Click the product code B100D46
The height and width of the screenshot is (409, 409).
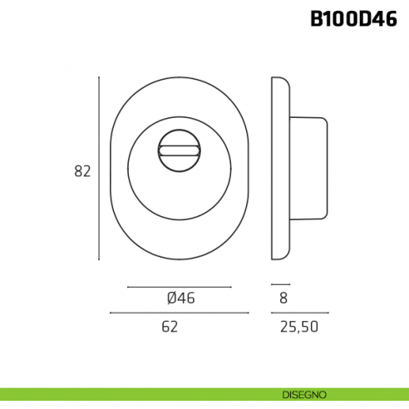(354, 19)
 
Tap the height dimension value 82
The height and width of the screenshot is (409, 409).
(82, 171)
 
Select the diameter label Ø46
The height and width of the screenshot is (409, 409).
(180, 298)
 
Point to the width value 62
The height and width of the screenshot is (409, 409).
(170, 327)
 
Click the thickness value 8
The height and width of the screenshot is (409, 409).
(283, 298)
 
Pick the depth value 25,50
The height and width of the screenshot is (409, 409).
(299, 327)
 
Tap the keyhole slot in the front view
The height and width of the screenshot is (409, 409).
(179, 151)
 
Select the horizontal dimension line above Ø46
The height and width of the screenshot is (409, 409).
(179, 287)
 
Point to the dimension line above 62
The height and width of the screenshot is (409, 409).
(179, 313)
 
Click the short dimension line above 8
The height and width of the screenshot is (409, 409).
(280, 285)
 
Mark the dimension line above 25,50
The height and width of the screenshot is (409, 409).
(299, 313)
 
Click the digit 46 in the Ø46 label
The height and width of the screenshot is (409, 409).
(185, 298)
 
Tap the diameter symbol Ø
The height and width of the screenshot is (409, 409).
(170, 298)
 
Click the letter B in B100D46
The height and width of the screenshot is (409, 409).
(318, 19)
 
